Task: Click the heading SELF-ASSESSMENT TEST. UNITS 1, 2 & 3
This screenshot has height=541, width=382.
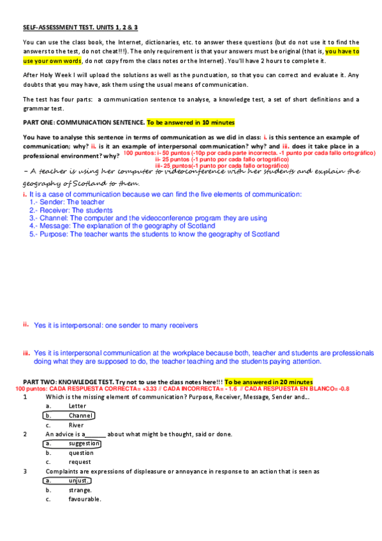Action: tap(80, 28)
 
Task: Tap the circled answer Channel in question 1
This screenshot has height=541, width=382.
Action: tap(80, 415)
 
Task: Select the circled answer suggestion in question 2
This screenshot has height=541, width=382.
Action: tap(84, 443)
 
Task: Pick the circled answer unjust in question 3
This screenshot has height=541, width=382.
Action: tap(80, 480)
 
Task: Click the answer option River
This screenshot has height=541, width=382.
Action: tap(76, 425)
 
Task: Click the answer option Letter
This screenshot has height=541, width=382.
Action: tap(77, 406)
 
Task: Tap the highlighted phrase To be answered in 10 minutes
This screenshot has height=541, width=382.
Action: tap(191, 122)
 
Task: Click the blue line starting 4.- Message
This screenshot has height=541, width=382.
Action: tap(122, 226)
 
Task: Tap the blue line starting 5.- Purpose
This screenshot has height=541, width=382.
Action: tap(154, 234)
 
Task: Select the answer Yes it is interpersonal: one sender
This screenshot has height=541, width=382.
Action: tap(115, 325)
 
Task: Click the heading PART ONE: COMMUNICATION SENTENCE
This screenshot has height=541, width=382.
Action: tap(83, 122)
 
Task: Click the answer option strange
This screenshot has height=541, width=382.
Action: tap(80, 490)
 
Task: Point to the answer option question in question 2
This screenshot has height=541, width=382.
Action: tap(80, 452)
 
